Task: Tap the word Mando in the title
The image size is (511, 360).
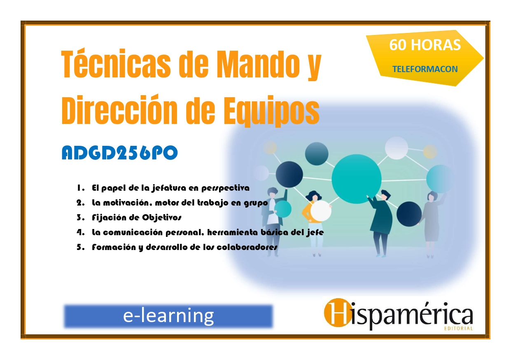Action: [x=258, y=64]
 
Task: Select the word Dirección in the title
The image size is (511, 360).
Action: [x=119, y=110]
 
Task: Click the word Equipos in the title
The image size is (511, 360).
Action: [x=271, y=111]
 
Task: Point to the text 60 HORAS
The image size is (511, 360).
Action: [x=425, y=45]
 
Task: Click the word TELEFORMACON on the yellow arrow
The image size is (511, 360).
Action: [x=425, y=69]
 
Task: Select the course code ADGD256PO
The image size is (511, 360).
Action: [x=120, y=153]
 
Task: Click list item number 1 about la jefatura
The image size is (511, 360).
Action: [x=163, y=188]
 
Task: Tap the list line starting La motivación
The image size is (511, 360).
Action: [x=172, y=203]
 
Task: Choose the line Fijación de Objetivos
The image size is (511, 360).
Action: [x=129, y=217]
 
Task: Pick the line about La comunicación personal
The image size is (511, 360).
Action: [x=200, y=232]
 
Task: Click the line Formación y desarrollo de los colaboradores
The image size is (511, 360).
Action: [x=177, y=247]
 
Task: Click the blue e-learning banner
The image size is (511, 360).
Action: [x=168, y=316]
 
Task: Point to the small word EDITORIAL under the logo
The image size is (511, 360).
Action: [x=458, y=328]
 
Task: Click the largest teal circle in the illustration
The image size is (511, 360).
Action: [x=356, y=179]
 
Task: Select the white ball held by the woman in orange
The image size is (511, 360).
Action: [x=321, y=210]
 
